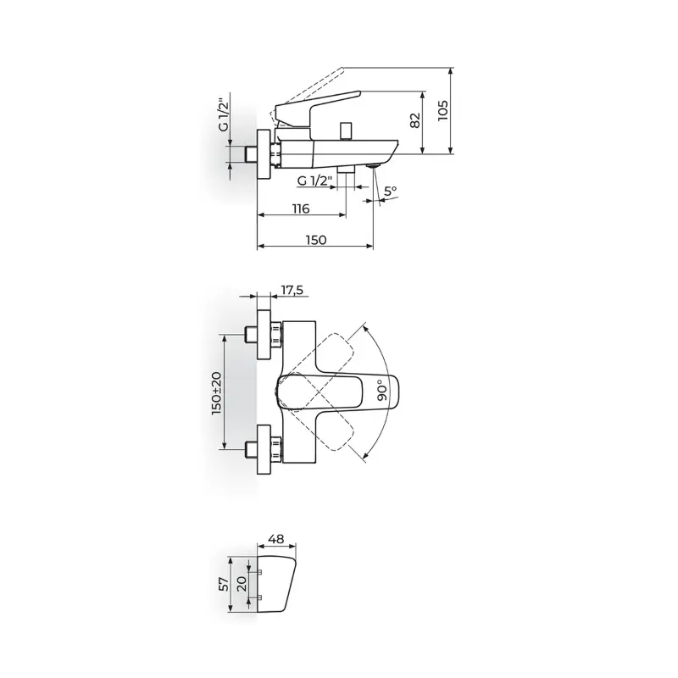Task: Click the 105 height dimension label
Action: [x=442, y=111]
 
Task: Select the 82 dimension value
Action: [x=414, y=120]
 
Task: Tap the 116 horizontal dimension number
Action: [x=301, y=208]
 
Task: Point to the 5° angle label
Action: [x=391, y=191]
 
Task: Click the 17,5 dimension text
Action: [x=292, y=290]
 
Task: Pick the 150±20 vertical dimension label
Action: [x=217, y=393]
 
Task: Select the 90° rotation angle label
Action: [x=383, y=390]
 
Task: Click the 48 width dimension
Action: [x=276, y=539]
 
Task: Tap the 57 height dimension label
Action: [x=224, y=584]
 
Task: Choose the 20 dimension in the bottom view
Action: [x=242, y=584]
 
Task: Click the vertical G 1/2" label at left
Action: [x=223, y=115]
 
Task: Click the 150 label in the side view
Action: [x=316, y=240]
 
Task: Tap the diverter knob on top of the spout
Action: [x=346, y=131]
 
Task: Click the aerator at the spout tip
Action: [x=373, y=165]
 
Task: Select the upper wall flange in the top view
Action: [x=264, y=334]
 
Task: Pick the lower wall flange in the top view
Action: [x=264, y=449]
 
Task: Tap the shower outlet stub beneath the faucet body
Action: [x=346, y=169]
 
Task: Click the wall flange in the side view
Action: [x=264, y=154]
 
